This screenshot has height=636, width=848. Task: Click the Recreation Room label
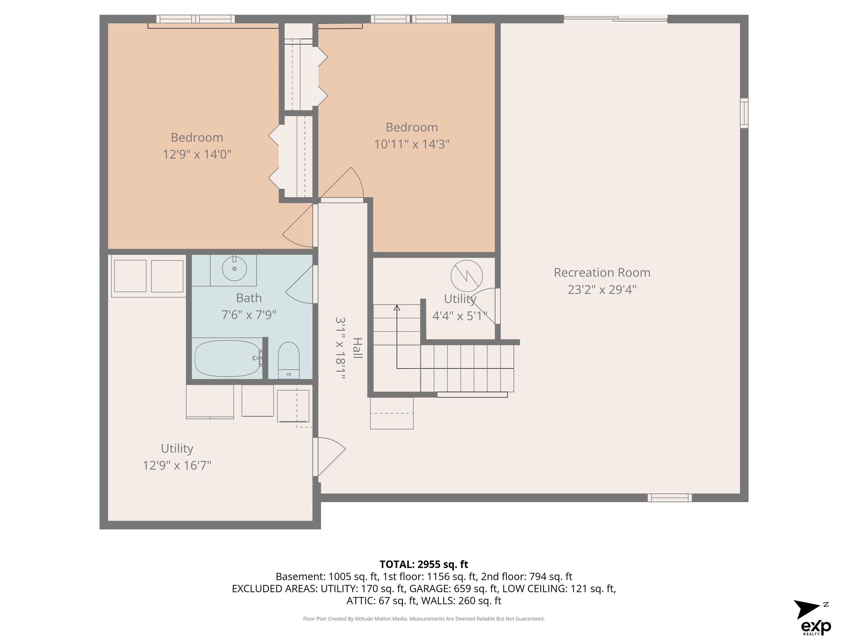(602, 272)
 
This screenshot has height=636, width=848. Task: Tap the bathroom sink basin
(234, 268)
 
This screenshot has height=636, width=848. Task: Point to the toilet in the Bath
(288, 360)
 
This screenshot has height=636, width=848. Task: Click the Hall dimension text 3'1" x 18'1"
(340, 348)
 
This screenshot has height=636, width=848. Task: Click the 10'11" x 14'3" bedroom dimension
(412, 144)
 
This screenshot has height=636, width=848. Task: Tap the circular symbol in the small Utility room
(467, 276)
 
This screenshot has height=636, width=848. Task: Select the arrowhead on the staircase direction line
(397, 308)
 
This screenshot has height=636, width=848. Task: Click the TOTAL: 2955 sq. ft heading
(424, 564)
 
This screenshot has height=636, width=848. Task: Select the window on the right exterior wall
(744, 113)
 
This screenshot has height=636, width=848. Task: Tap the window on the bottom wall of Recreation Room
(670, 498)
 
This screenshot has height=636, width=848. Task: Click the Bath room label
(249, 298)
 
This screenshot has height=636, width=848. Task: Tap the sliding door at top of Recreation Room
(616, 19)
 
